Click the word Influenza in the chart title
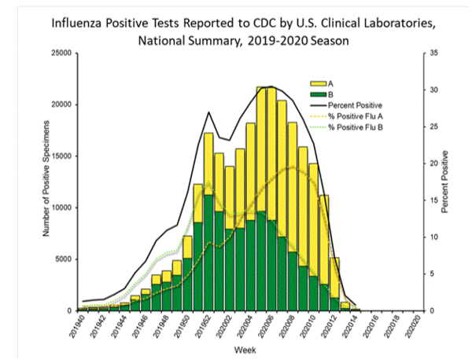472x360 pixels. pyautogui.click(x=76, y=23)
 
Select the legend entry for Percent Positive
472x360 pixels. pyautogui.click(x=355, y=105)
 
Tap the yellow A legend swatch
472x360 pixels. pyautogui.click(x=318, y=83)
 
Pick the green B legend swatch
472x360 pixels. pyautogui.click(x=318, y=94)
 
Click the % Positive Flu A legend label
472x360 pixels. pyautogui.click(x=356, y=116)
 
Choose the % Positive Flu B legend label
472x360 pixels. pyautogui.click(x=356, y=127)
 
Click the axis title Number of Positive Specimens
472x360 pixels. pyautogui.click(x=46, y=178)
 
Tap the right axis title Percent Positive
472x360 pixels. pyautogui.click(x=444, y=182)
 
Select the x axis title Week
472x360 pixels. pyautogui.click(x=245, y=350)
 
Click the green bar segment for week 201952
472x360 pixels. pyautogui.click(x=208, y=252)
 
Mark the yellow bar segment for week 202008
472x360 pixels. pyautogui.click(x=293, y=187)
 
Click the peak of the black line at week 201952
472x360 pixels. pyautogui.click(x=208, y=112)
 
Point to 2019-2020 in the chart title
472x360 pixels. pyautogui.click(x=278, y=41)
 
